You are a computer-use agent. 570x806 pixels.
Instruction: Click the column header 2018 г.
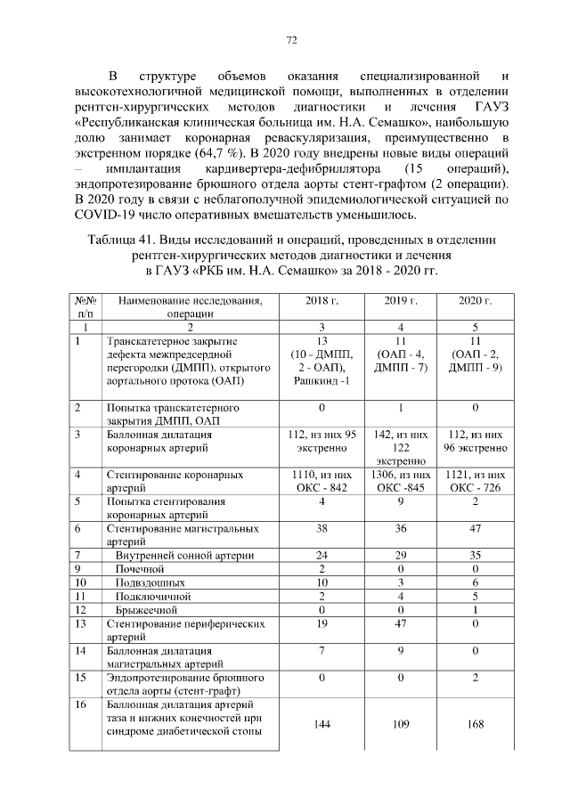pyautogui.click(x=322, y=301)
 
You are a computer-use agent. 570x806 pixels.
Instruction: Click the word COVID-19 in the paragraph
pyautogui.click(x=110, y=216)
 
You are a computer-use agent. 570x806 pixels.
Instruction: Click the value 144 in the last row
pyautogui.click(x=322, y=724)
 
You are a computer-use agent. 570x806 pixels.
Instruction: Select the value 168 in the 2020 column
pyautogui.click(x=475, y=724)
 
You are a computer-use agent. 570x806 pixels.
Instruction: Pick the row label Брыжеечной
pyautogui.click(x=147, y=610)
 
